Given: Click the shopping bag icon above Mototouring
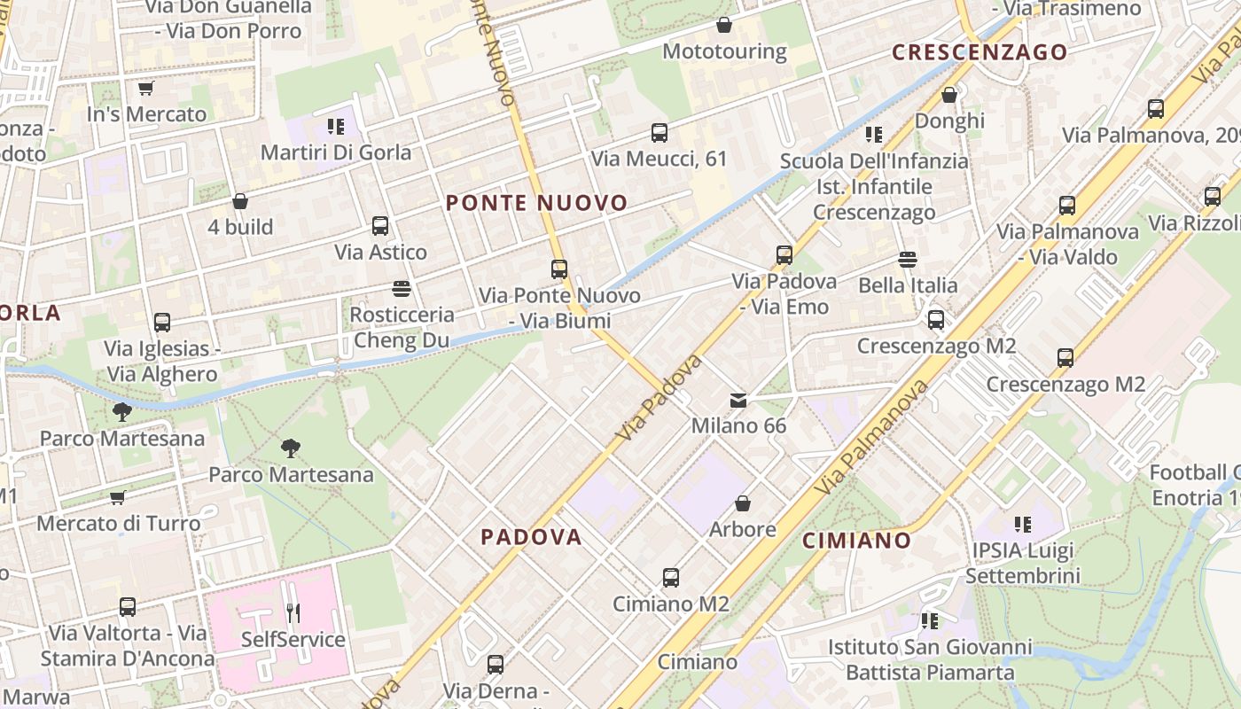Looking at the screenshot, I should coord(724,25).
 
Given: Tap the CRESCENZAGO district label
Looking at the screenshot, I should coord(980,52).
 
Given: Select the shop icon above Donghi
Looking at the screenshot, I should coord(949,94).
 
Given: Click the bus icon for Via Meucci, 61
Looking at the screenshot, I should coord(660,133).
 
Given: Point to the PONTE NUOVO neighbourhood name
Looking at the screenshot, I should coord(536,203).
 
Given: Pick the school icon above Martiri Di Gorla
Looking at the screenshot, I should coord(335,126).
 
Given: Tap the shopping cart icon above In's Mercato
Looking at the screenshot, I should coord(146,88).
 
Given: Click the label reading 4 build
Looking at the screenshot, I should coord(240,227).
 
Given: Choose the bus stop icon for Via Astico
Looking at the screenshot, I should coord(380,226).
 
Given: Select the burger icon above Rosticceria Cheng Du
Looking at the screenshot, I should coord(402,289).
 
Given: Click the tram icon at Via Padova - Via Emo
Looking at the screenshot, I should coord(784,255).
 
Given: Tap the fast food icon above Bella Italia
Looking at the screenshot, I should coord(907,260).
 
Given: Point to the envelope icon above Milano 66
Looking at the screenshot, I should coord(738,401).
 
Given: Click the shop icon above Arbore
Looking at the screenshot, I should coord(743,503).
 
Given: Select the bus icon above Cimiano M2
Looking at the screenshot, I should coord(671,578).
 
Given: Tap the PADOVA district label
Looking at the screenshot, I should coord(531,536).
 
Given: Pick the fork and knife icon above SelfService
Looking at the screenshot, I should coord(293,612).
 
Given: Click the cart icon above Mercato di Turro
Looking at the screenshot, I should coord(118,497).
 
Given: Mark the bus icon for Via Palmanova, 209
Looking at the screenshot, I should coord(1156,109).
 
